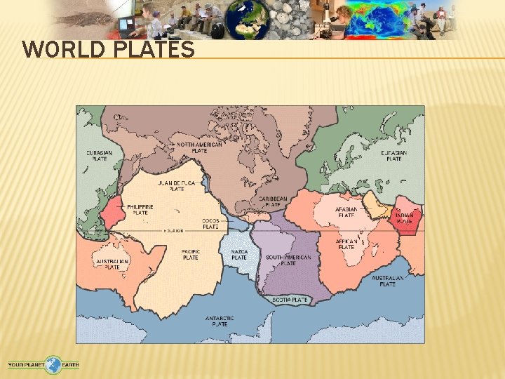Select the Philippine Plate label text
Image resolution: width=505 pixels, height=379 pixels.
point(140,209)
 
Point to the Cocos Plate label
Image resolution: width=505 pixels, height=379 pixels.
point(210,224)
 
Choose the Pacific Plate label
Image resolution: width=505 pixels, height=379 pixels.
point(190,254)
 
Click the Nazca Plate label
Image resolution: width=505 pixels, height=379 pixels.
point(239,254)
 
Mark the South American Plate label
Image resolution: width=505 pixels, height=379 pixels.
point(288,260)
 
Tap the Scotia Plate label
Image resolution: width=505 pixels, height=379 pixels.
point(290,300)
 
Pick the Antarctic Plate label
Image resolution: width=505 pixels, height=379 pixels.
point(219,321)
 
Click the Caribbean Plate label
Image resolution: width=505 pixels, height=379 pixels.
point(273,201)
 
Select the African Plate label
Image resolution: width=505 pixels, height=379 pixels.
point(346,244)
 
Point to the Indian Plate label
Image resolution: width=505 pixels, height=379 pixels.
point(405,218)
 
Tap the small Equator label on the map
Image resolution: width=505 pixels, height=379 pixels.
point(173,230)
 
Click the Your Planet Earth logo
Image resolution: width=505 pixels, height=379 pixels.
point(43,364)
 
